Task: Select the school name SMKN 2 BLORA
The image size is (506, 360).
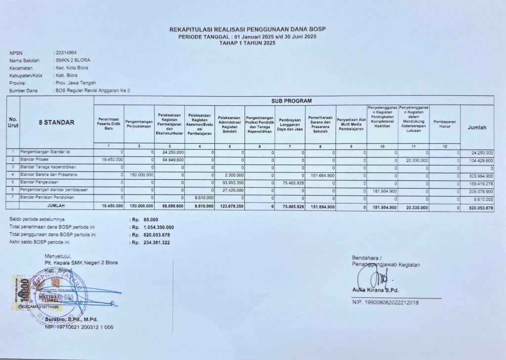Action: pyautogui.click(x=73, y=60)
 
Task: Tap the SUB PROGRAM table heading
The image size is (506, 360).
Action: pyautogui.click(x=292, y=101)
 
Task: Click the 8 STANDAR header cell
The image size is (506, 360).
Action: pyautogui.click(x=56, y=122)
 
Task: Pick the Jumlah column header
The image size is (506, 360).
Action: pyautogui.click(x=477, y=127)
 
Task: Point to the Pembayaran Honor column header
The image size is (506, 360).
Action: pyautogui.click(x=444, y=124)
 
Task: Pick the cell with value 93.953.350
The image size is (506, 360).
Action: pyautogui.click(x=230, y=183)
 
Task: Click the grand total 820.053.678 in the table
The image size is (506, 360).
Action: pyautogui.click(x=478, y=207)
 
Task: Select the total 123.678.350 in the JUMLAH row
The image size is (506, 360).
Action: pyautogui.click(x=229, y=207)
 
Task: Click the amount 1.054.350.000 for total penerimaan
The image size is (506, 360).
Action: pyautogui.click(x=157, y=227)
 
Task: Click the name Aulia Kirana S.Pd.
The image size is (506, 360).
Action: pyautogui.click(x=376, y=290)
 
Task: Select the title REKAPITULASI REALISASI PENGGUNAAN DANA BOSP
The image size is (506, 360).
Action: pyautogui.click(x=248, y=30)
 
